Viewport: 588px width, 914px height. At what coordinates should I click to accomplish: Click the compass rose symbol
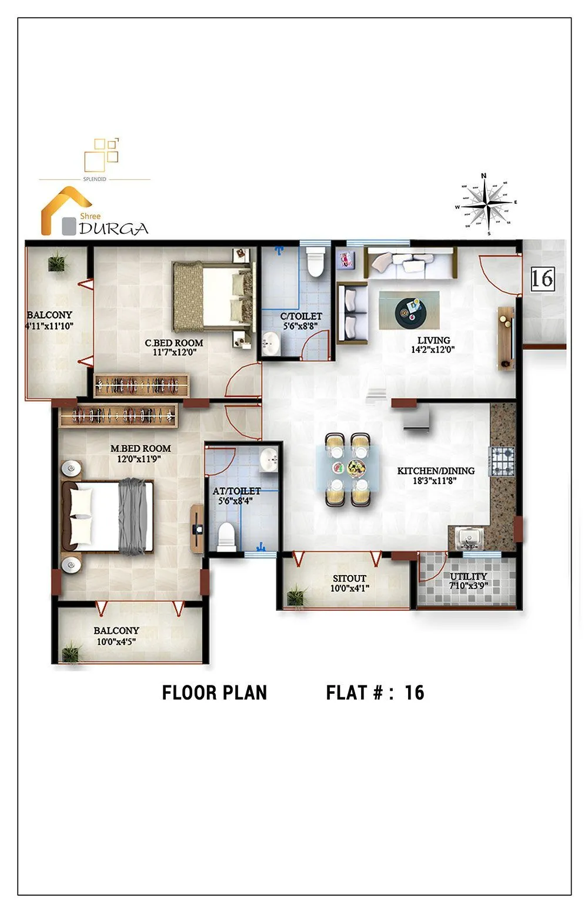click(486, 204)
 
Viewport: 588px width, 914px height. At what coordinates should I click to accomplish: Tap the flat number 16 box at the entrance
click(542, 278)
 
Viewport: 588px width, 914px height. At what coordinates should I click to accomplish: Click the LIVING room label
click(433, 341)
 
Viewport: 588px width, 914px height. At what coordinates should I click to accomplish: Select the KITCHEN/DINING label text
click(436, 471)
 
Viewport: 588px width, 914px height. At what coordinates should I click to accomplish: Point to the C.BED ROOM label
click(174, 343)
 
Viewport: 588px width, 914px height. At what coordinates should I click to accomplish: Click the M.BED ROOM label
click(141, 449)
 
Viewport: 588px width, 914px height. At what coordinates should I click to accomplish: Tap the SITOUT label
click(349, 579)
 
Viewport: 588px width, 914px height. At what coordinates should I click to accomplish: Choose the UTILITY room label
click(469, 577)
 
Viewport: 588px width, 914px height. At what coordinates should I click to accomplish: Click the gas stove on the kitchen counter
click(502, 461)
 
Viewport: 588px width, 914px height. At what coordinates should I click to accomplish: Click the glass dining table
click(348, 469)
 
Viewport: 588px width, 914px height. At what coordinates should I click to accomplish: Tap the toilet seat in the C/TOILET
click(316, 262)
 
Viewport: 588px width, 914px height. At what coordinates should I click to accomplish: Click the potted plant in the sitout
click(296, 596)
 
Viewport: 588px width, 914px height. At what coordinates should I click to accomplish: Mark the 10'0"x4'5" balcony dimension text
click(116, 642)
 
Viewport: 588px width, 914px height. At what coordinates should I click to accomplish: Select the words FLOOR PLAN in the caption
click(214, 693)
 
